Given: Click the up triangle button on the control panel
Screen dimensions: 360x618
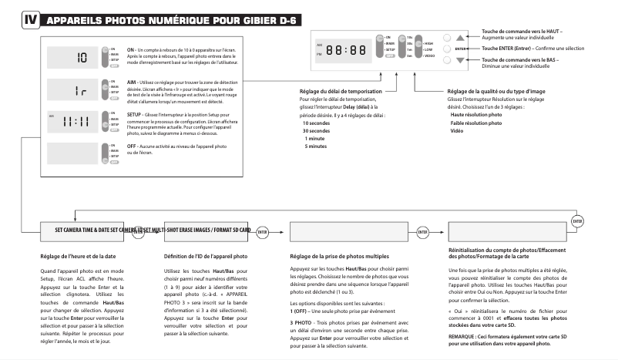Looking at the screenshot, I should click(x=461, y=36).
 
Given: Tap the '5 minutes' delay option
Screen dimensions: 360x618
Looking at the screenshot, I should click(x=317, y=146).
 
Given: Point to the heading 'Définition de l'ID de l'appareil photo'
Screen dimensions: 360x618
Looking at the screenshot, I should click(x=206, y=255).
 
